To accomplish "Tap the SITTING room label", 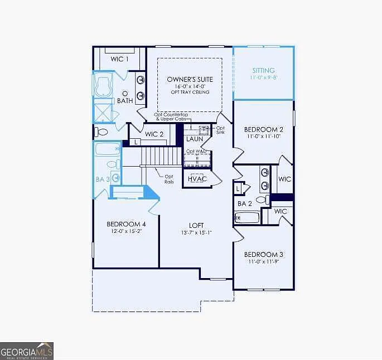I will point(263,71).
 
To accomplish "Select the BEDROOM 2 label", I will point(263,128).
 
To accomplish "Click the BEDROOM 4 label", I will point(126,224).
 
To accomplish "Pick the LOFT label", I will point(197,225).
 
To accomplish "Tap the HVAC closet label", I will point(197,179).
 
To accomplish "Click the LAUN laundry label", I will point(195,139).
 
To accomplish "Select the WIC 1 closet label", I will point(119,59).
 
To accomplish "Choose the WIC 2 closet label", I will point(154,134).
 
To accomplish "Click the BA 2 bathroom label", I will point(245,203).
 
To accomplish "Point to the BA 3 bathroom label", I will point(102,179).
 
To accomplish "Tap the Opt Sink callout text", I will point(220,130).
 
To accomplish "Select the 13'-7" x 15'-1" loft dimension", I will point(197,232).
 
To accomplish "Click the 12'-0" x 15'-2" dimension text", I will point(126,231).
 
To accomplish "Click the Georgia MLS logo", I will point(27,351).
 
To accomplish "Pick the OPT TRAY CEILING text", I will point(190,92).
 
